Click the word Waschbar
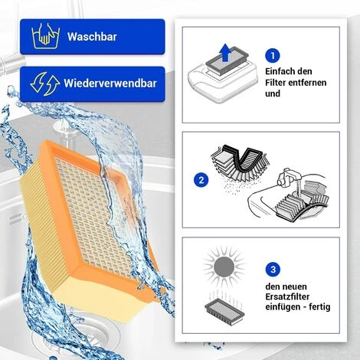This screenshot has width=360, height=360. pyautogui.click(x=92, y=37)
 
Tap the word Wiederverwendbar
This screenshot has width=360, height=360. pyautogui.click(x=110, y=83)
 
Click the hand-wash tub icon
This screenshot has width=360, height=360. pyautogui.click(x=46, y=36)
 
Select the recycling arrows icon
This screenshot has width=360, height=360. pyautogui.click(x=45, y=83)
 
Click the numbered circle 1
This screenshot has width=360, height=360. pyautogui.click(x=273, y=56)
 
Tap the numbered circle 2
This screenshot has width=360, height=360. pyautogui.click(x=201, y=180)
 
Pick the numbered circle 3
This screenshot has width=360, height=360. pyautogui.click(x=273, y=270)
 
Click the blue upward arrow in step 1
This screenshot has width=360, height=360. pyautogui.click(x=225, y=53)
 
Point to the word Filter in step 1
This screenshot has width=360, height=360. pyautogui.click(x=275, y=83)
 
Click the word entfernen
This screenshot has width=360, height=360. pyautogui.click(x=307, y=83)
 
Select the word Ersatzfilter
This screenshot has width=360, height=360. pyautogui.click(x=287, y=296)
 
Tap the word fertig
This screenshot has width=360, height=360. pyautogui.click(x=319, y=306)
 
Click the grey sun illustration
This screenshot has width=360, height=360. pyautogui.click(x=224, y=267)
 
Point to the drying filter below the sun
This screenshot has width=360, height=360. pyautogui.click(x=224, y=309)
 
